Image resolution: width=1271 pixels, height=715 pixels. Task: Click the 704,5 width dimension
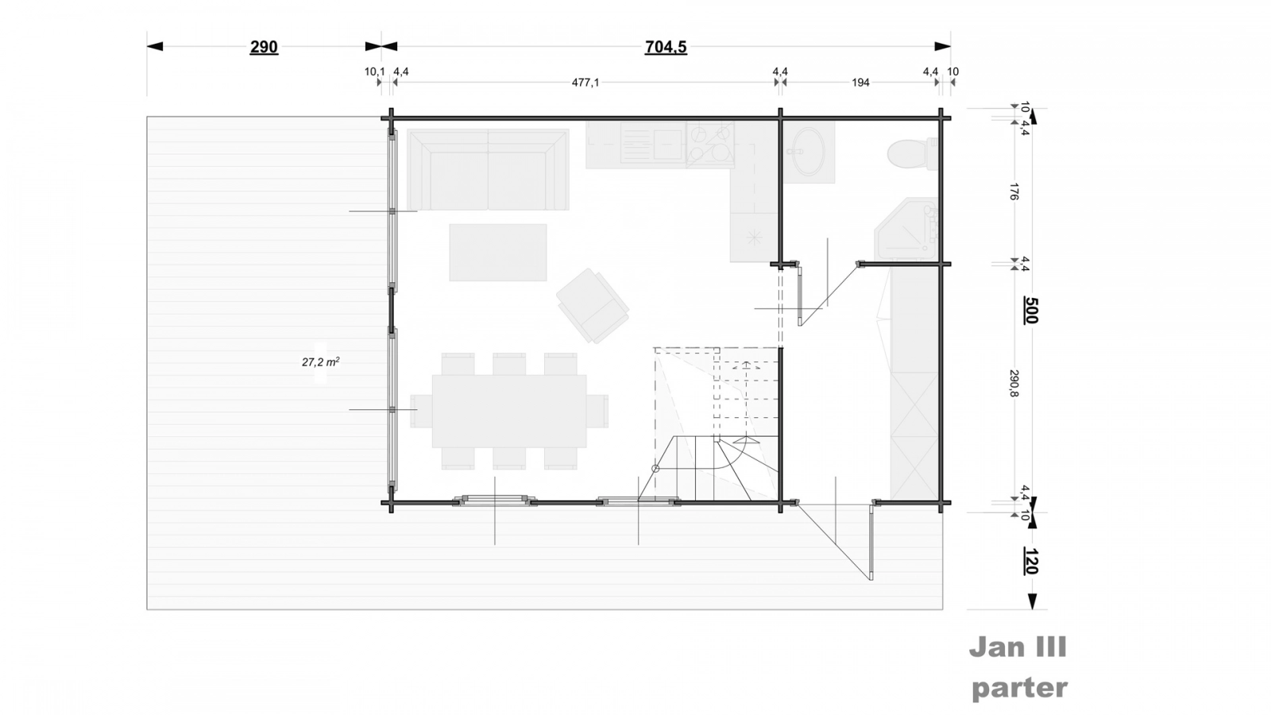(666, 47)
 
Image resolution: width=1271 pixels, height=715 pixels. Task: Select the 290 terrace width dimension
(264, 47)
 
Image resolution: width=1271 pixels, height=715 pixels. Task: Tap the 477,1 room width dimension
(585, 83)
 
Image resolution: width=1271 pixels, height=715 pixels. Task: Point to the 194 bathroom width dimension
(860, 83)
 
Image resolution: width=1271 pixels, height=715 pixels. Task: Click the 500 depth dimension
(1031, 310)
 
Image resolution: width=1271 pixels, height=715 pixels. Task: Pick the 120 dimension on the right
(1031, 561)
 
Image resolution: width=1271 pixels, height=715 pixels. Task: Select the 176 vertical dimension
(1014, 191)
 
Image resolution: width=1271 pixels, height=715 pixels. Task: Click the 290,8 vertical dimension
(1014, 384)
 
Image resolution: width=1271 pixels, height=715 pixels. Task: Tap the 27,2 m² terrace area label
(321, 361)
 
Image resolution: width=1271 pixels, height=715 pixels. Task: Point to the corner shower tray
(906, 228)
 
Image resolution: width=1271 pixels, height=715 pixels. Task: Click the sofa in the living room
(488, 170)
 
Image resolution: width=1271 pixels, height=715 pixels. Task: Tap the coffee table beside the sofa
(498, 253)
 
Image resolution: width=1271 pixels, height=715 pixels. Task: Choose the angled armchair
(593, 306)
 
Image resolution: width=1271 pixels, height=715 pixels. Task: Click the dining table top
(509, 411)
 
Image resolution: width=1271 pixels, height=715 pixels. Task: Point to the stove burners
(710, 145)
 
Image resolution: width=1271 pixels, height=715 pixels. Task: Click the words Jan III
(1018, 647)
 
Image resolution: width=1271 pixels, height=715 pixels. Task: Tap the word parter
(1020, 689)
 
